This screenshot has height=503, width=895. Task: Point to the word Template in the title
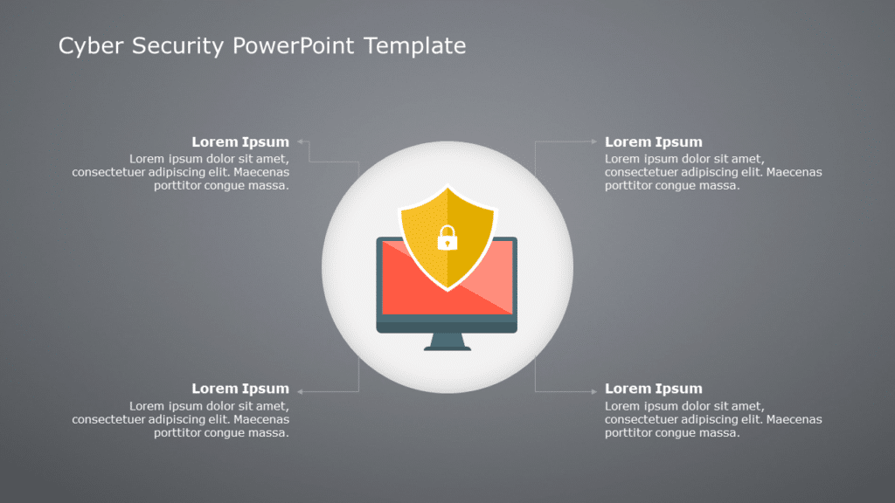[414, 46]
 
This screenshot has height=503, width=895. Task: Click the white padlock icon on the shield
[447, 237]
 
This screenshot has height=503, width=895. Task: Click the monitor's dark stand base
[447, 347]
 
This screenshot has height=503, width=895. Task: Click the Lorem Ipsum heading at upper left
[240, 141]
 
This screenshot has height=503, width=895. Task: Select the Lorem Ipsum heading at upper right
[653, 141]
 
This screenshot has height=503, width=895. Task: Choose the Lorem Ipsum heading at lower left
[240, 389]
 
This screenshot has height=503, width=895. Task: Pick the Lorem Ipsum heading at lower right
[653, 389]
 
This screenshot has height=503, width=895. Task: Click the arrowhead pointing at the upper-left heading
[300, 141]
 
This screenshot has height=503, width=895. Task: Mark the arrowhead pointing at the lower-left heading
[300, 390]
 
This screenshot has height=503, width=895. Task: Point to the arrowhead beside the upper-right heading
[594, 141]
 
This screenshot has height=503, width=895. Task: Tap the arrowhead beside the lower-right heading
[594, 390]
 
